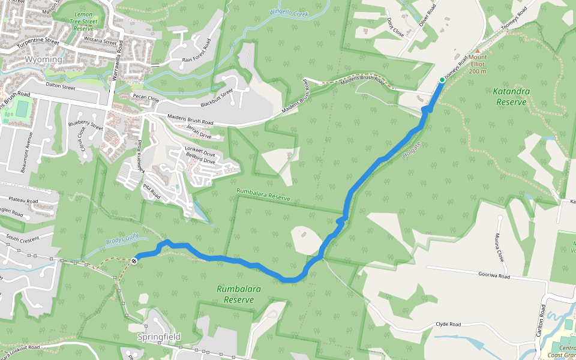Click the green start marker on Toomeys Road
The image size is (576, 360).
(442, 80)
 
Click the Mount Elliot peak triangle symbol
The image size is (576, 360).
(478, 52)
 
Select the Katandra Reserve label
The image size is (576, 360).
(511, 97)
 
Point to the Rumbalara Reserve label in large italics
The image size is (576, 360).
(239, 294)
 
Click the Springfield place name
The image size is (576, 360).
(158, 337)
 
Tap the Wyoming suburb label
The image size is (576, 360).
(43, 60)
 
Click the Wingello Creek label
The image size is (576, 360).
(288, 12)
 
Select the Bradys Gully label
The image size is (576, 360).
(122, 241)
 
